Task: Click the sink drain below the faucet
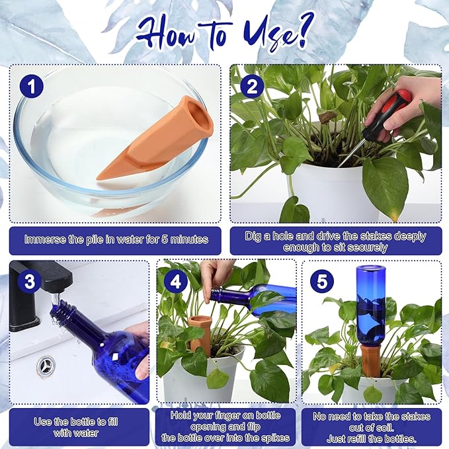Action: click(x=46, y=364)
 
